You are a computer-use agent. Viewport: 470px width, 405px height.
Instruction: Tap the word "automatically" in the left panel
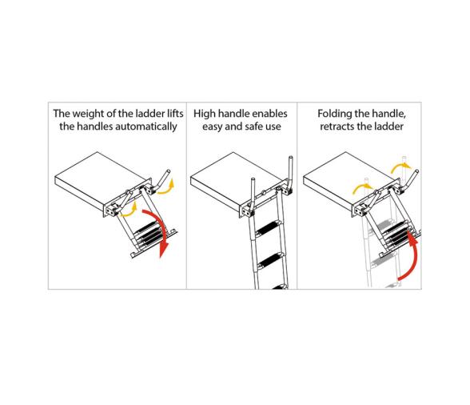(x=146, y=126)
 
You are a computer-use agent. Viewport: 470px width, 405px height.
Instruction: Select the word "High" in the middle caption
(x=205, y=114)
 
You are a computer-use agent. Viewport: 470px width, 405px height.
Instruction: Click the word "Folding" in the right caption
(x=334, y=114)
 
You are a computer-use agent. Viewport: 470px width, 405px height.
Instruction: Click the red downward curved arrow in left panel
(x=159, y=231)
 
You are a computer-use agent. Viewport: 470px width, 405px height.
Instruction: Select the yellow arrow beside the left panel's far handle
(x=165, y=187)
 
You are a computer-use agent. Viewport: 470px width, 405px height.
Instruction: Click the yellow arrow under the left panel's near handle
(x=129, y=211)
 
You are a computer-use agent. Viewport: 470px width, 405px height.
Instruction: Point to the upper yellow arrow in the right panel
(x=400, y=167)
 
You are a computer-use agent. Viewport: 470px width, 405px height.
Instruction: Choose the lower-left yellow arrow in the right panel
(x=361, y=188)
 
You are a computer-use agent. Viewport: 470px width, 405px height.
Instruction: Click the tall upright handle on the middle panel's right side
(x=290, y=174)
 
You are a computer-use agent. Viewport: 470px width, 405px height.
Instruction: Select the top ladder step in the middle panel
(x=269, y=227)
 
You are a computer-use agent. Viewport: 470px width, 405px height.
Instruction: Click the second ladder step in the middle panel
(x=271, y=260)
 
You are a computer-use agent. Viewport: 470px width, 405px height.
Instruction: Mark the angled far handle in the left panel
(x=161, y=180)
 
